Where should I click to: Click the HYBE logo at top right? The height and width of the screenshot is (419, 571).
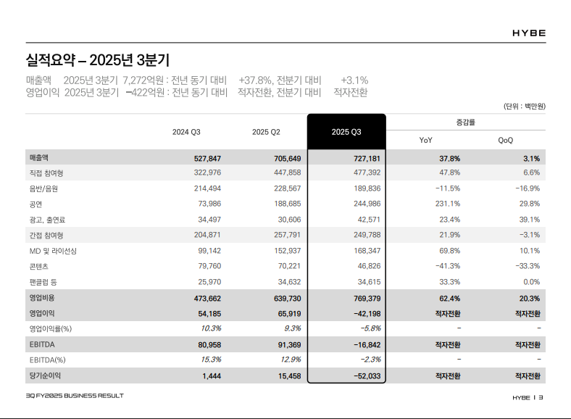coord(528,33)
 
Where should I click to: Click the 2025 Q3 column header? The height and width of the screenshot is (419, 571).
coord(346,132)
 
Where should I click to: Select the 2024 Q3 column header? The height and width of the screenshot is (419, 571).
coord(186,132)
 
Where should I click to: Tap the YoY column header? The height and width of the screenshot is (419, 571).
coord(426,140)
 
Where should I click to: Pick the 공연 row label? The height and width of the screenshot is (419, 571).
coord(36,204)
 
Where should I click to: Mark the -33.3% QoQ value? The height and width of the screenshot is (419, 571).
coord(525,266)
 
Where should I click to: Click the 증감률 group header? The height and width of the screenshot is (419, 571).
coord(465,122)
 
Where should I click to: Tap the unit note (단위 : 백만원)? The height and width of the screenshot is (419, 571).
coord(525,106)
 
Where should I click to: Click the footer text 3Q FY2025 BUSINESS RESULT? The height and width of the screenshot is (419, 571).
coord(75,396)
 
